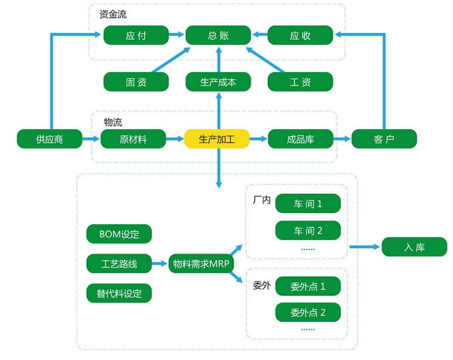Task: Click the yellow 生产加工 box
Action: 217,139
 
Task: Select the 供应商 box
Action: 49,139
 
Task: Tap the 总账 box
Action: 218,35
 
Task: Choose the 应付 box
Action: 136,35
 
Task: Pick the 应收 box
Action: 300,35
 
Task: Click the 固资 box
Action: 136,82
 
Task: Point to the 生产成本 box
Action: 218,82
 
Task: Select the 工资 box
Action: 300,82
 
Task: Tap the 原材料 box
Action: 133,139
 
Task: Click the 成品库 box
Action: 300,139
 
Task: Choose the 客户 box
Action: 384,139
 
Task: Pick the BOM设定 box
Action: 119,234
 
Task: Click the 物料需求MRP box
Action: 201,264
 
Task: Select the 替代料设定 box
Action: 119,293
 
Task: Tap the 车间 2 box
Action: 308,231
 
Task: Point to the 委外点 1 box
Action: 308,287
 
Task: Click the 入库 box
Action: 414,247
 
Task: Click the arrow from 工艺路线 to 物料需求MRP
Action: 160,264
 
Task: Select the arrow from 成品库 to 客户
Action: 341,139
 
